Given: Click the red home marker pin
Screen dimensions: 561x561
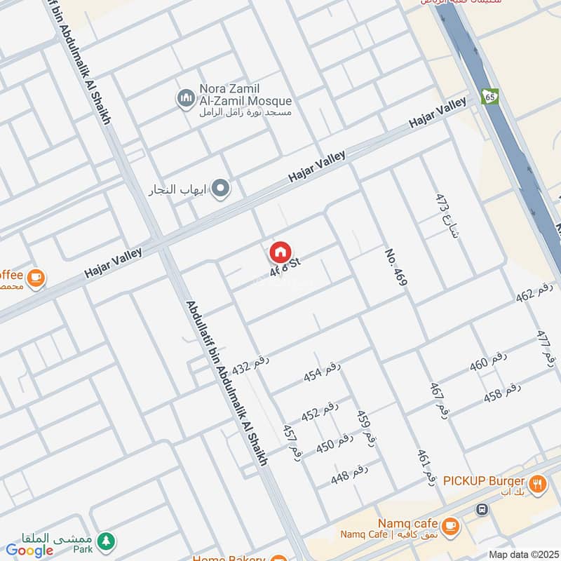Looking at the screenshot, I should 280,252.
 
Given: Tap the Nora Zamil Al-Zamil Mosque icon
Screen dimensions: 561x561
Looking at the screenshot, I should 186,99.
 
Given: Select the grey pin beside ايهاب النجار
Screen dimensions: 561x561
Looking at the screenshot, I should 221,188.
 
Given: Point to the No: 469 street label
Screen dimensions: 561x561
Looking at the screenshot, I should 396,266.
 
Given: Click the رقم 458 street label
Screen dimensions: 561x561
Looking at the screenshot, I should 502,393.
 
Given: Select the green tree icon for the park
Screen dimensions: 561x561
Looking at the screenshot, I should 106,540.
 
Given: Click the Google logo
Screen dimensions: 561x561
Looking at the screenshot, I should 30,550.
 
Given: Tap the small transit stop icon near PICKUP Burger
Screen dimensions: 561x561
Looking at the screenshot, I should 481,508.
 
